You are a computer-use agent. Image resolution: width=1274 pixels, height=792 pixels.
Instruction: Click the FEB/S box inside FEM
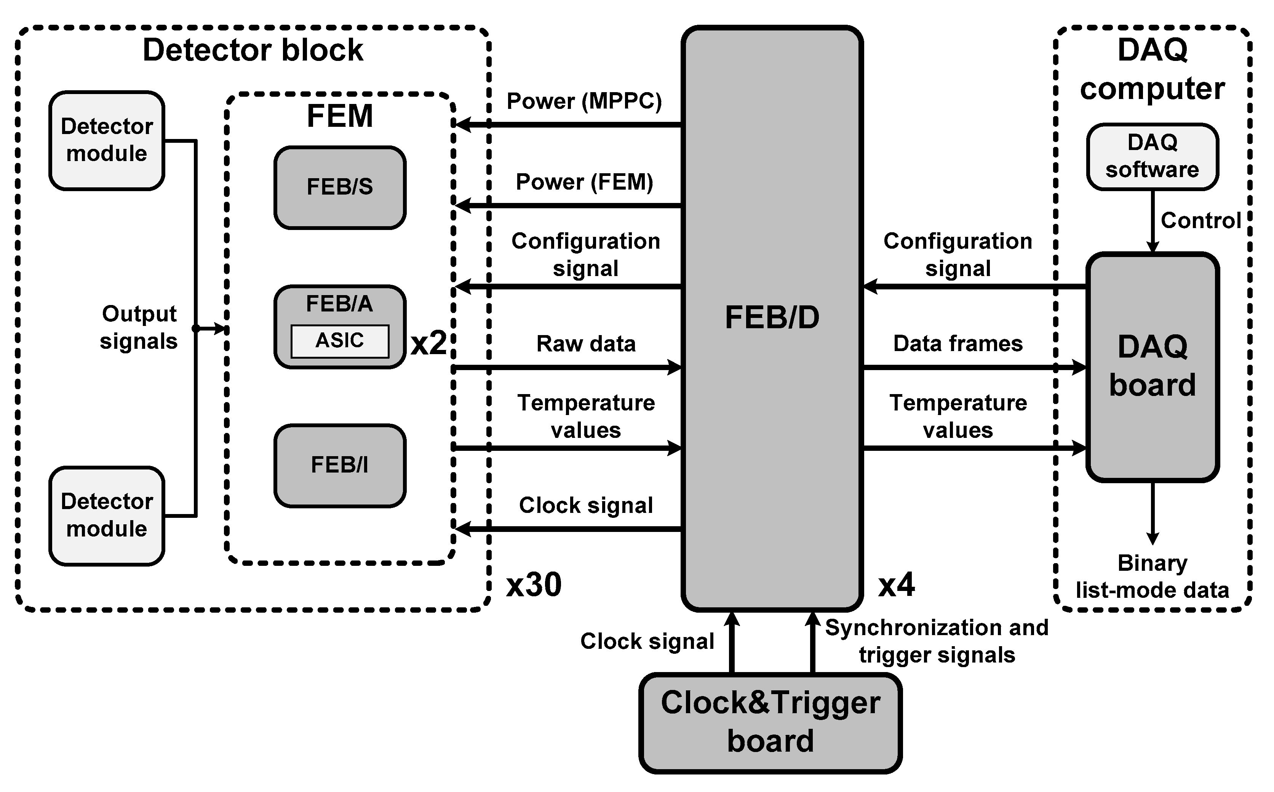point(339,187)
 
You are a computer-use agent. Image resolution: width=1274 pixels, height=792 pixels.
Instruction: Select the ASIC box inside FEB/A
point(339,341)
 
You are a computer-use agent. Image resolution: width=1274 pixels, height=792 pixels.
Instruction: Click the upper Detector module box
point(107,141)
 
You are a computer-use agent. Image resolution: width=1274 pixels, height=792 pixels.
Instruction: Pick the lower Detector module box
point(107,516)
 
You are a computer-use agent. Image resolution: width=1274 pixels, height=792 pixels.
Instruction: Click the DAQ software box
point(1152,156)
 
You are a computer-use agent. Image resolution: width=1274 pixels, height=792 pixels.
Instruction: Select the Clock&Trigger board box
point(770,722)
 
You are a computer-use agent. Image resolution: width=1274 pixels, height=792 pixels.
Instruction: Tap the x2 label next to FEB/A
point(428,343)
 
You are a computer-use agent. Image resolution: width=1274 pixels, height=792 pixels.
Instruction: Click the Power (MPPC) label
point(584,101)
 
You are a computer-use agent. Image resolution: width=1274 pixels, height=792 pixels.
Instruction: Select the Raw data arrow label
point(586,343)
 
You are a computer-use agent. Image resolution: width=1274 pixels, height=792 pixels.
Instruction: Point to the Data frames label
point(957,343)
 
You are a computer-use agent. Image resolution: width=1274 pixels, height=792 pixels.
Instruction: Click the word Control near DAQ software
point(1200,220)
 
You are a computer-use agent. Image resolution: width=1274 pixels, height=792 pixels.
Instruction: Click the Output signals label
point(139,327)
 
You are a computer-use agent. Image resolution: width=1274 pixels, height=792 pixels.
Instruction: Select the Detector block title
point(253,50)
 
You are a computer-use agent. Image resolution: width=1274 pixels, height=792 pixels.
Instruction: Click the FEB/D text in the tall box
point(772,318)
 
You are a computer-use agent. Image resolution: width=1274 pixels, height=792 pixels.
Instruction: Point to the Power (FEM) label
point(584,182)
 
